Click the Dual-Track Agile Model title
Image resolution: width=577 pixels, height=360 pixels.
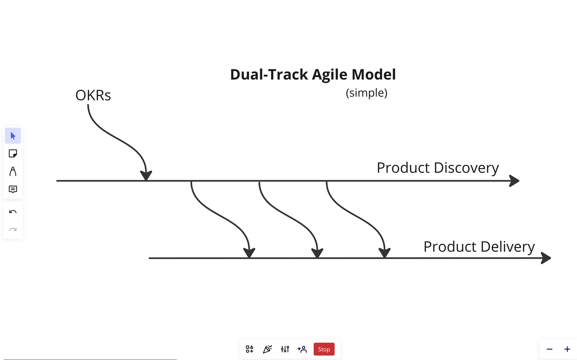click(313, 75)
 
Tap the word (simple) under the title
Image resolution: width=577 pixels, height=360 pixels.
click(366, 93)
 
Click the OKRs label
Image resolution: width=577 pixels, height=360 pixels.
click(93, 95)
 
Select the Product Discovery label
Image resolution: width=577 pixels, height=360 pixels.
click(438, 168)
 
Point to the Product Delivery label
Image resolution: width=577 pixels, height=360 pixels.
click(479, 247)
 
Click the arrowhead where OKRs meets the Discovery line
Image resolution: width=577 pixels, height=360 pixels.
click(146, 175)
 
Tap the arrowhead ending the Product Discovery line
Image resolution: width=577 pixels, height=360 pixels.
click(514, 181)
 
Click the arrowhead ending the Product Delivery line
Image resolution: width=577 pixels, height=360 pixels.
click(546, 258)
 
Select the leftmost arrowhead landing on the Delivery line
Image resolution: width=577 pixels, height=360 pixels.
click(249, 253)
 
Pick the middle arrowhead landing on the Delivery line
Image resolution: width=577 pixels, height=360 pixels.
click(317, 253)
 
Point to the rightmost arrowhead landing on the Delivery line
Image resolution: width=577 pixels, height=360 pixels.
click(385, 253)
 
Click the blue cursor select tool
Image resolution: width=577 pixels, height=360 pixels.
click(13, 136)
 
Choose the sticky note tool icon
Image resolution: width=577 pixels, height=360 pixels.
click(13, 154)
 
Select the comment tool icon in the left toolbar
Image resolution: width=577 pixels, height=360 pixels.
click(13, 190)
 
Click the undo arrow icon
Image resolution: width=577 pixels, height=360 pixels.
click(13, 212)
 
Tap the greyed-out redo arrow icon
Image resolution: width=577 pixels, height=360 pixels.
click(13, 229)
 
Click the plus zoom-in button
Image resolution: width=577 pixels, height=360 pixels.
click(567, 349)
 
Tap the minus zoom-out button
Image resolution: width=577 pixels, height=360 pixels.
click(550, 349)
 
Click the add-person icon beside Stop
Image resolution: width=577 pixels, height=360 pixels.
click(302, 349)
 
